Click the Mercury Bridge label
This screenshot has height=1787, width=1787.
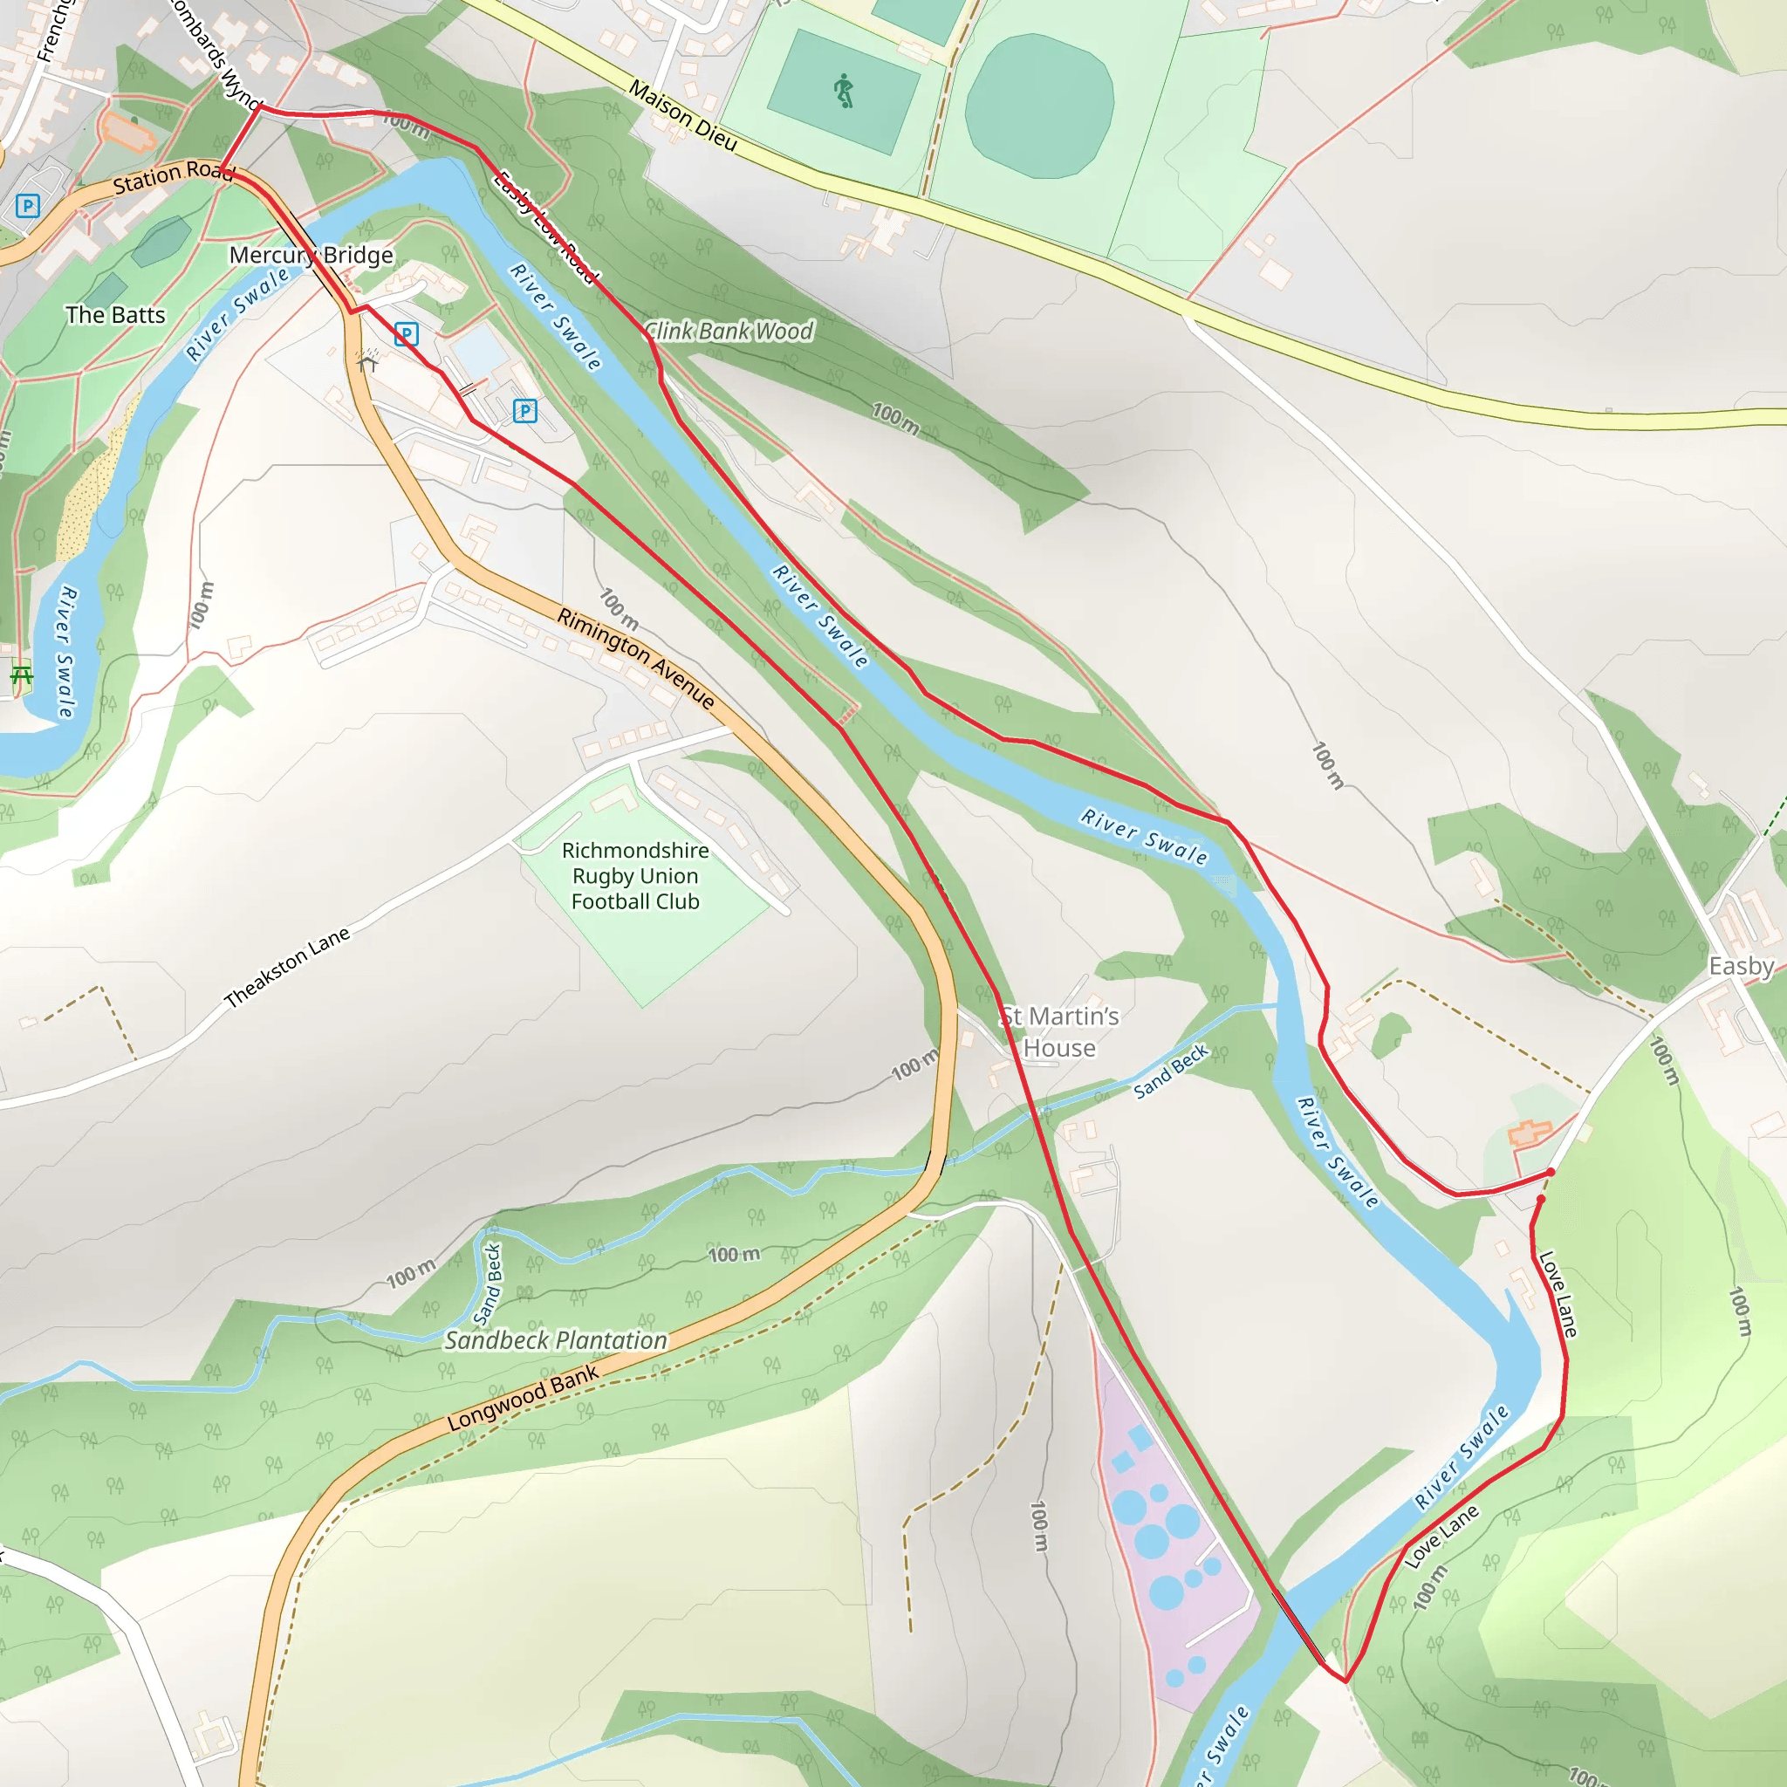[311, 255]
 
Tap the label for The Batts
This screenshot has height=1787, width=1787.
[116, 314]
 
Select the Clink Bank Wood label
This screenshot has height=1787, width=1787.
[729, 330]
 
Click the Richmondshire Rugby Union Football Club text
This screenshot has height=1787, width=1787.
[634, 875]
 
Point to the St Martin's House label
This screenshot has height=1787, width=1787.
[1059, 1031]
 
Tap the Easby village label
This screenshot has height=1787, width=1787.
[1740, 966]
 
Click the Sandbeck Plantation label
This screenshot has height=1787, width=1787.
[555, 1340]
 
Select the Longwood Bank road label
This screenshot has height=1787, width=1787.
[523, 1398]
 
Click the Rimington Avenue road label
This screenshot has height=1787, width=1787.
[635, 659]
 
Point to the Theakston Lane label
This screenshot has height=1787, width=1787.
[288, 967]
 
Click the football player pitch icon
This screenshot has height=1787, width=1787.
[843, 92]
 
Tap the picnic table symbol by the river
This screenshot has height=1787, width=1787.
[20, 674]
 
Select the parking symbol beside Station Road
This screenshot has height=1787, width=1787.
[28, 205]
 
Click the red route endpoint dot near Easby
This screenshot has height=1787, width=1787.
[1551, 1173]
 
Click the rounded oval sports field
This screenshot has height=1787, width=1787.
[1038, 106]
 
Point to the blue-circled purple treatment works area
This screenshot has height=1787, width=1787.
[1167, 1536]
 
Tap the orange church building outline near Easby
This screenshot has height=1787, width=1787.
[1530, 1132]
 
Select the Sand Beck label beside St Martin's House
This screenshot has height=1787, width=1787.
[1170, 1072]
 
